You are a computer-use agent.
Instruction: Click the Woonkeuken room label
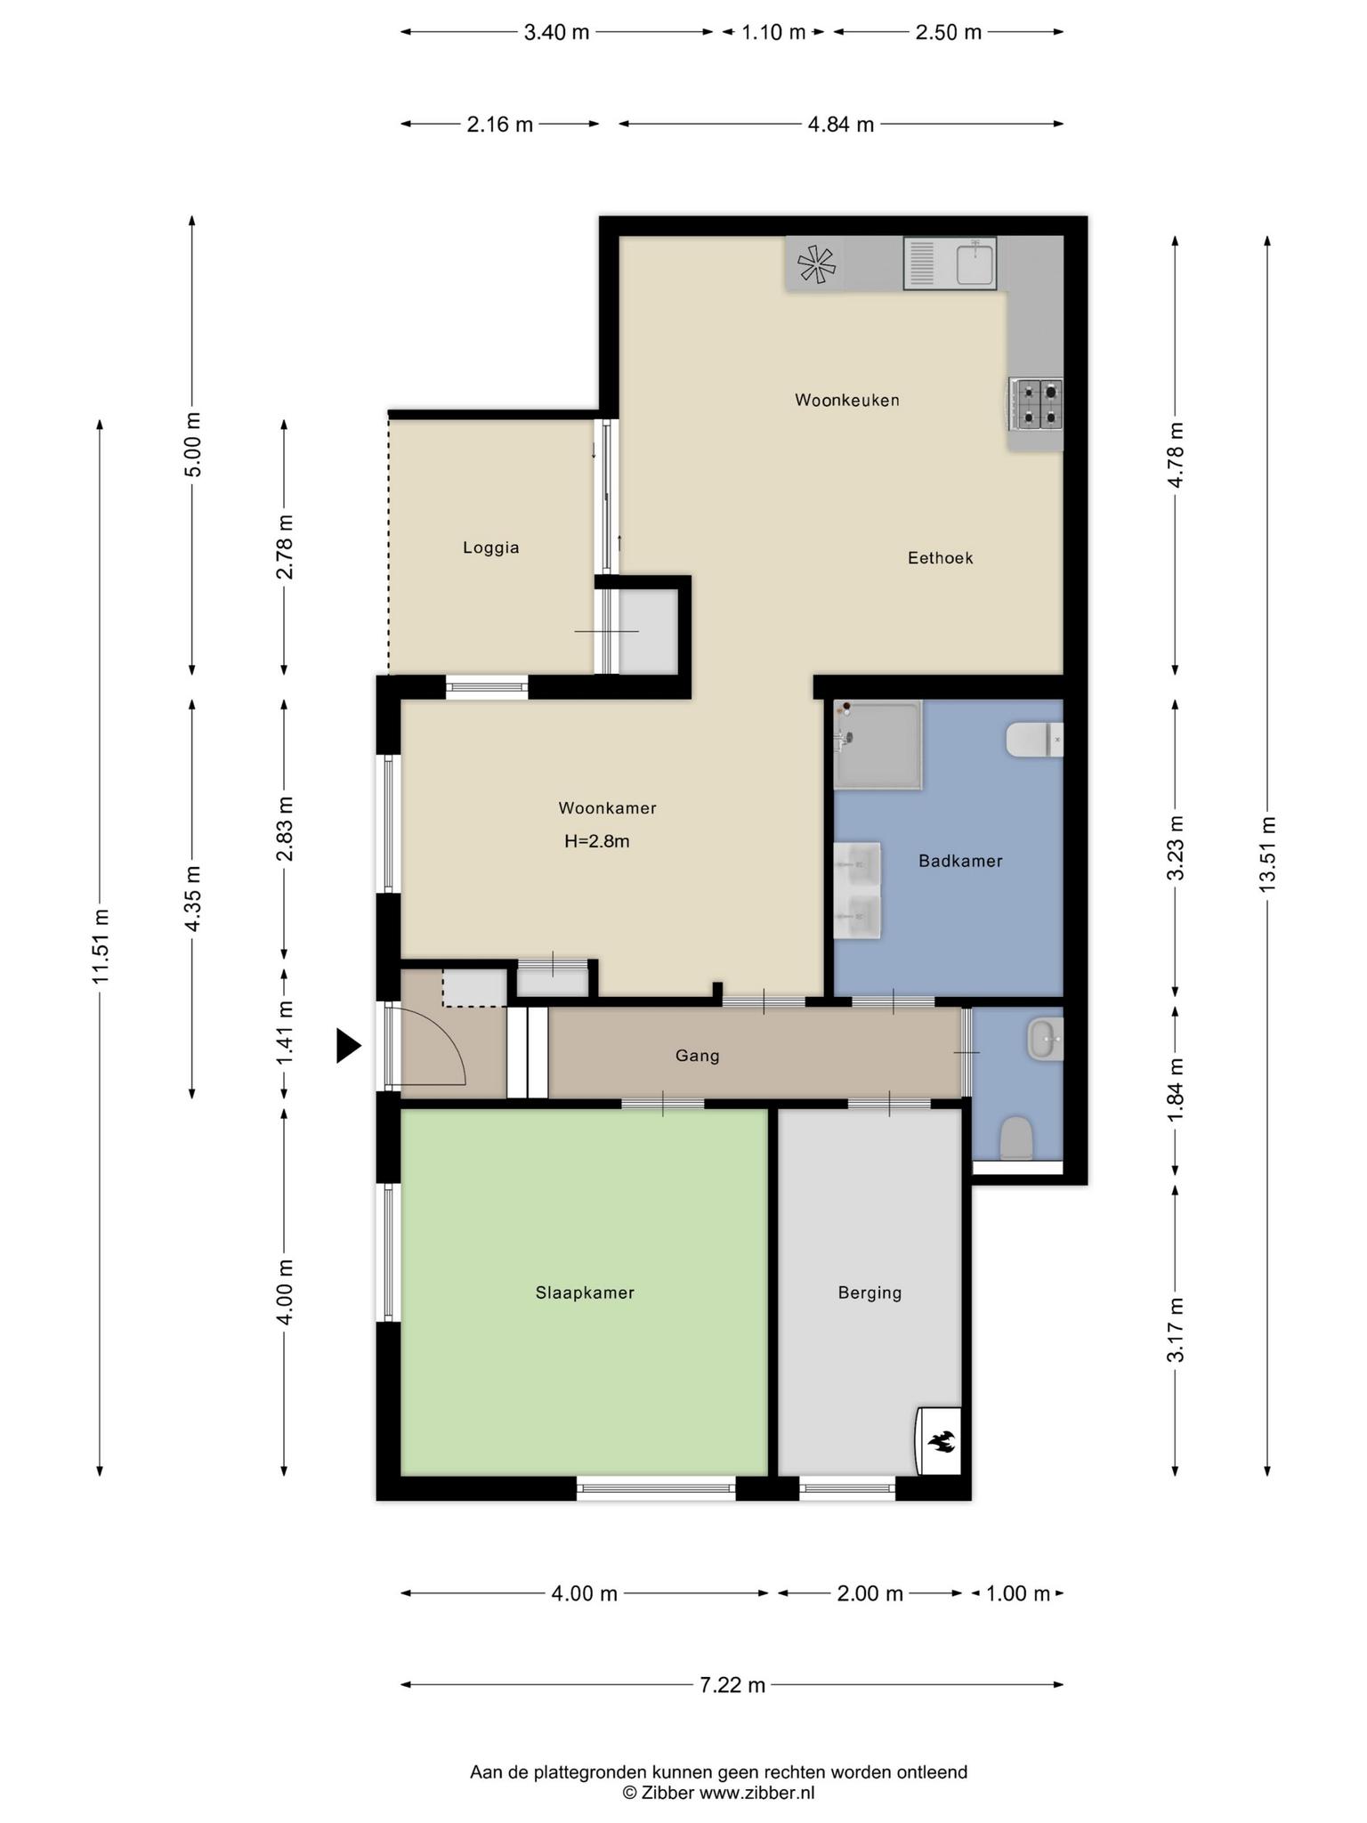point(847,401)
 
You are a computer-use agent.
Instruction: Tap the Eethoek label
point(941,558)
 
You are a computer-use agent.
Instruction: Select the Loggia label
point(491,548)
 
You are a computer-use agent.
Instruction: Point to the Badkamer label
point(960,861)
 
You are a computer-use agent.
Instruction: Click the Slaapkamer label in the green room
point(585,1292)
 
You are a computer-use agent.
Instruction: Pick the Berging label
point(870,1292)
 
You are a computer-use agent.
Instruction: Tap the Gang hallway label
point(697,1056)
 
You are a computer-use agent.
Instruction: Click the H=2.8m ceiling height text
point(597,841)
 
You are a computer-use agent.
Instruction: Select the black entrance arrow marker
point(348,1046)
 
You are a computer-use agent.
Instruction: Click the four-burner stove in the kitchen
point(1036,402)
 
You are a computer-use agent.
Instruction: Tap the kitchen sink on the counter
point(950,263)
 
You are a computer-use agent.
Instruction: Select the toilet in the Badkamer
point(1034,739)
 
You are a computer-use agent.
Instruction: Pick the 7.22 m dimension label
point(732,1684)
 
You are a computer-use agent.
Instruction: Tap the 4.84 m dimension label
point(841,125)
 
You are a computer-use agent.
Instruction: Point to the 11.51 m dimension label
point(100,946)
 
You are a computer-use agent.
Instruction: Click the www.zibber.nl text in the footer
point(756,1793)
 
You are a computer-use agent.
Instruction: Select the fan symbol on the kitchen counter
point(816,263)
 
